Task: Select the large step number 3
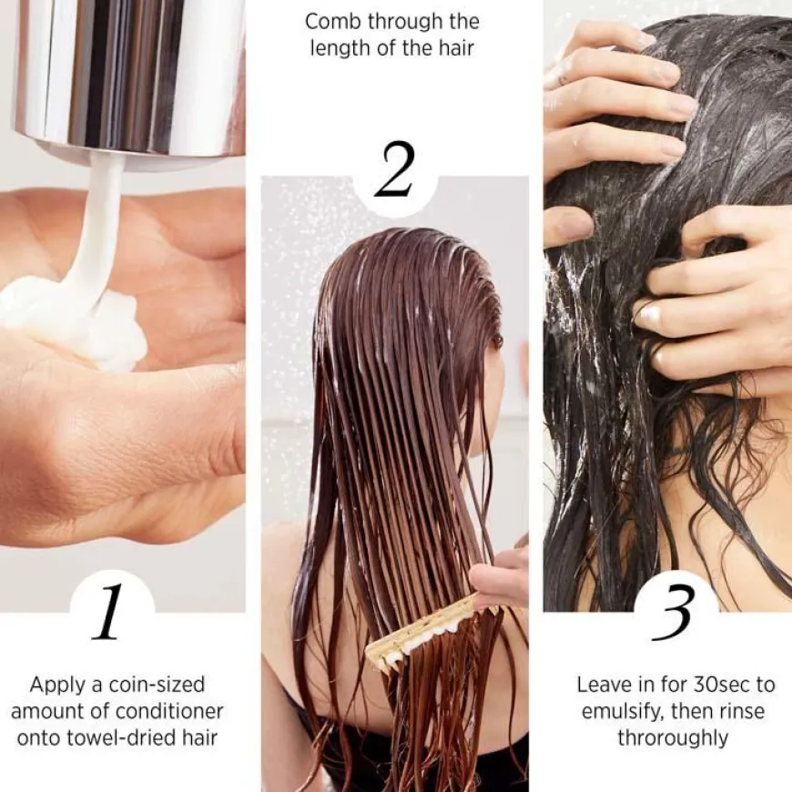pos(675,612)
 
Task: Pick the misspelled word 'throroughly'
pos(674,737)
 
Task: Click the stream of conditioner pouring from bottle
pos(102,228)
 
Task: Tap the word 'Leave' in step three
pos(605,684)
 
